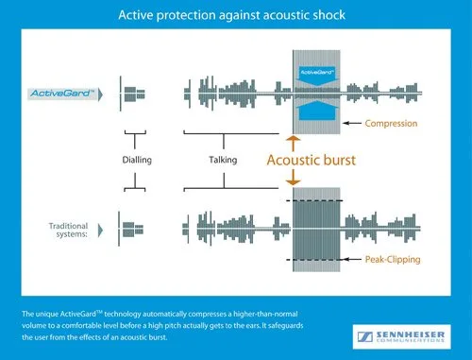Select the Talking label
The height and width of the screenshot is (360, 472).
pyautogui.click(x=222, y=160)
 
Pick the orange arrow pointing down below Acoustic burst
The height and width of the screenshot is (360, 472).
pyautogui.click(x=293, y=180)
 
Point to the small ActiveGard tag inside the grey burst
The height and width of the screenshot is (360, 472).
pyautogui.click(x=318, y=72)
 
